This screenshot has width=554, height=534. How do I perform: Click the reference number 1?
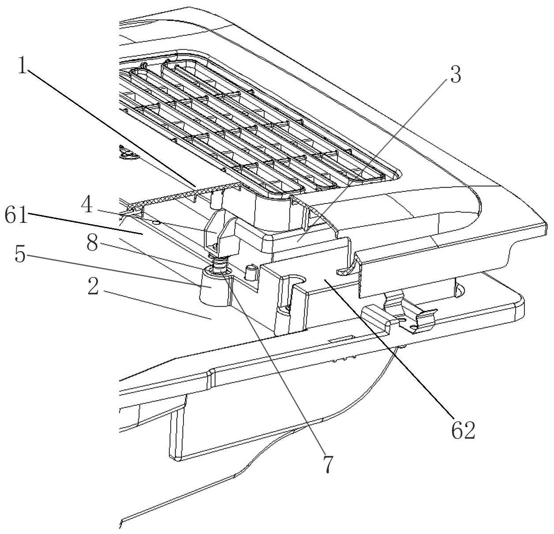click(x=22, y=66)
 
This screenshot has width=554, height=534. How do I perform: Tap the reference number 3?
click(x=455, y=76)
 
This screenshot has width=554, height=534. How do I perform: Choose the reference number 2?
click(x=92, y=288)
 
